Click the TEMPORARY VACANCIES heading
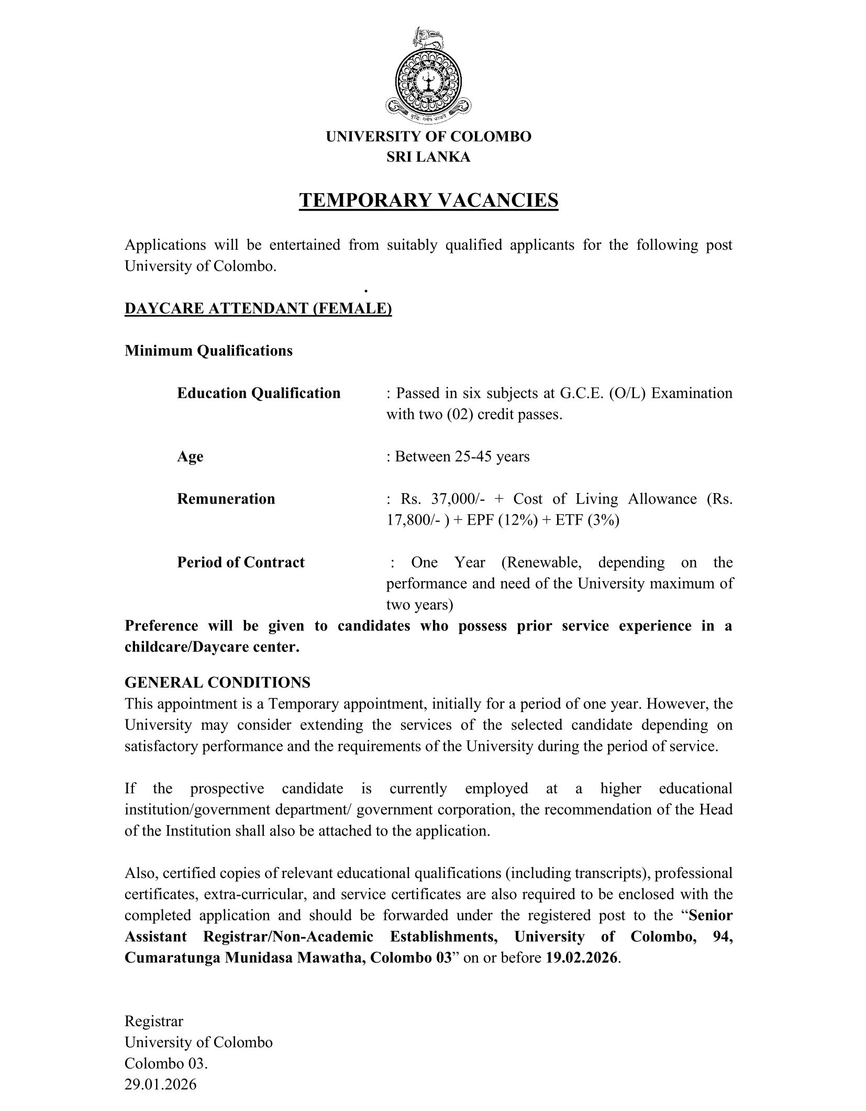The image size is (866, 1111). click(x=428, y=201)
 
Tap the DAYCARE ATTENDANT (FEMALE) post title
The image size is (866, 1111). click(x=258, y=309)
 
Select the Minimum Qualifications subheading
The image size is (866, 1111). click(x=208, y=351)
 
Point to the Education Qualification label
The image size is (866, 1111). click(x=259, y=393)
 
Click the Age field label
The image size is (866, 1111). click(x=190, y=457)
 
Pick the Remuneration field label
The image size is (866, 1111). click(x=226, y=499)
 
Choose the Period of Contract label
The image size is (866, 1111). click(x=241, y=562)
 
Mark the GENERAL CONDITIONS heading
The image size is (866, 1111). click(x=217, y=683)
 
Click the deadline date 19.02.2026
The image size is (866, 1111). click(x=582, y=958)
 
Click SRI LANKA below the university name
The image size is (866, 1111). click(x=428, y=157)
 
